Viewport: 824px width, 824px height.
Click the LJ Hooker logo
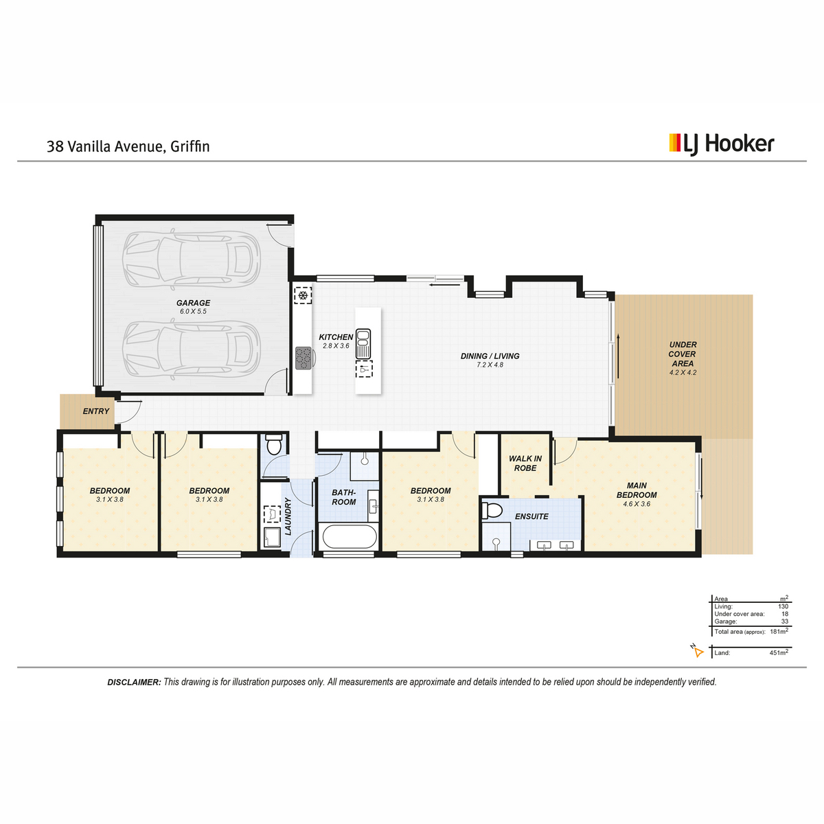coord(722,144)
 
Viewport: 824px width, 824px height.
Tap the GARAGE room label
coord(193,303)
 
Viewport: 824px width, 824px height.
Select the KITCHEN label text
coord(336,337)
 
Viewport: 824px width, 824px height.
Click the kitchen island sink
coord(363,344)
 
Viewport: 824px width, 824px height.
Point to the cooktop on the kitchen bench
coord(304,358)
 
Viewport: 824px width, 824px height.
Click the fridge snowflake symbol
coord(303,295)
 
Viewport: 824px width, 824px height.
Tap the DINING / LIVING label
coord(490,356)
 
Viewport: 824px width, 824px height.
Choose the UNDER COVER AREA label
coord(683,354)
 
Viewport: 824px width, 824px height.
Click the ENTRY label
coord(95,411)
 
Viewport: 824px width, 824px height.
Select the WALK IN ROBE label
coord(525,463)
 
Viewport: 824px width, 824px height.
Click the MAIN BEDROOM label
coord(637,490)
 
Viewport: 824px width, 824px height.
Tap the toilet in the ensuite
coord(492,510)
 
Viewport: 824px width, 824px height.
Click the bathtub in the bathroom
coord(350,536)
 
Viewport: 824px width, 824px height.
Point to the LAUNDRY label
coord(288,516)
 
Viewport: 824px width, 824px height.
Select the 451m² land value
coord(779,652)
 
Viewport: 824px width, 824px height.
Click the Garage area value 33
coord(784,621)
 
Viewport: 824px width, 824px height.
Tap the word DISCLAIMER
coord(134,682)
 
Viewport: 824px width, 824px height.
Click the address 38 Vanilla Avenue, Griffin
coord(128,146)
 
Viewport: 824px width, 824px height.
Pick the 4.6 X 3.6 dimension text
coord(637,504)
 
